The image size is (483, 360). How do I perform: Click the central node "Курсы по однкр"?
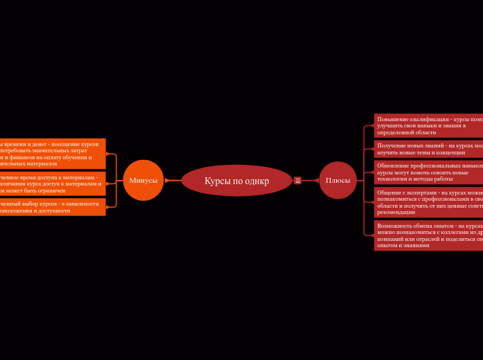(x=236, y=181)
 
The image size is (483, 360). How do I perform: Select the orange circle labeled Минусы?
(x=143, y=180)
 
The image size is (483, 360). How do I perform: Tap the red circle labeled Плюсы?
(x=337, y=180)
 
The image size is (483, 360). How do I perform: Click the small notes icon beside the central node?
(x=298, y=181)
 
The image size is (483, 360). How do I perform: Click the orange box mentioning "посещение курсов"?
(x=52, y=154)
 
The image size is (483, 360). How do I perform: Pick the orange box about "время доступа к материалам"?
(x=52, y=183)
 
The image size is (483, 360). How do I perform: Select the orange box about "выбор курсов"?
(x=52, y=207)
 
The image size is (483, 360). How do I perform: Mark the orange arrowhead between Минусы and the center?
(x=167, y=181)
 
